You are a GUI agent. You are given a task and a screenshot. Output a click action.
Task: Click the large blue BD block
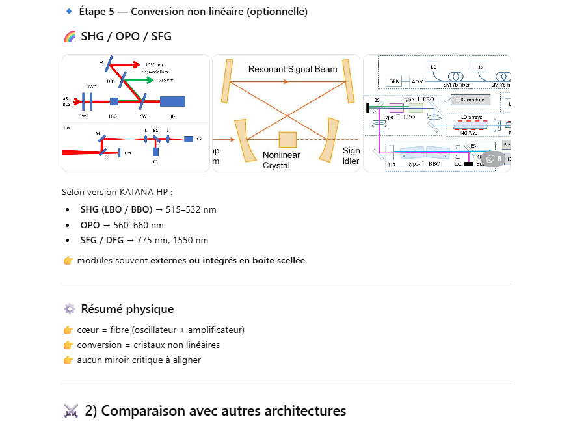pyautogui.click(x=172, y=101)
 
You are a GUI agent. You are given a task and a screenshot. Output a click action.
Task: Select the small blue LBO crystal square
pyautogui.click(x=114, y=101)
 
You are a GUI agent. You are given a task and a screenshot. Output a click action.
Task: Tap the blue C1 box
pyautogui.click(x=156, y=152)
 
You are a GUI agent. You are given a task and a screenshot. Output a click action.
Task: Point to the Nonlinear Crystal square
pyautogui.click(x=287, y=140)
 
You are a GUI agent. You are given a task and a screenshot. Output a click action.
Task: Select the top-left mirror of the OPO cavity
pyautogui.click(x=227, y=81)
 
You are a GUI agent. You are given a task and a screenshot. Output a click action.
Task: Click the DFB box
pyautogui.click(x=394, y=82)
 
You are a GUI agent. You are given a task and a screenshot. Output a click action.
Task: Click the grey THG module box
pyautogui.click(x=467, y=100)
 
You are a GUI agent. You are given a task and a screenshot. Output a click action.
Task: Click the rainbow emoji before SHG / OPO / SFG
pyautogui.click(x=70, y=36)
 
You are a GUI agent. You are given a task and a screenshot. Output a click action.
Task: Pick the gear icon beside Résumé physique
pyautogui.click(x=70, y=309)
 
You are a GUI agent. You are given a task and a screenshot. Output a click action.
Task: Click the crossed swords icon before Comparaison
pyautogui.click(x=71, y=411)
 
